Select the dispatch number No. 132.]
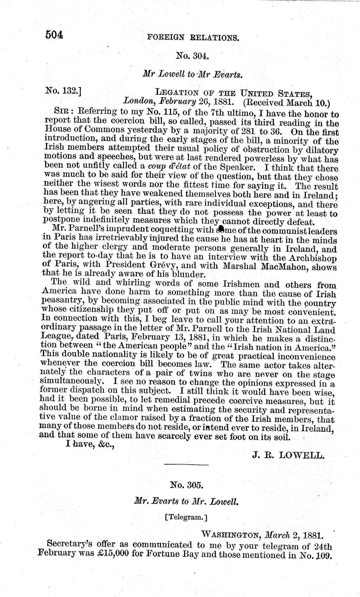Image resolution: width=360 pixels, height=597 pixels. coord(64,91)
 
